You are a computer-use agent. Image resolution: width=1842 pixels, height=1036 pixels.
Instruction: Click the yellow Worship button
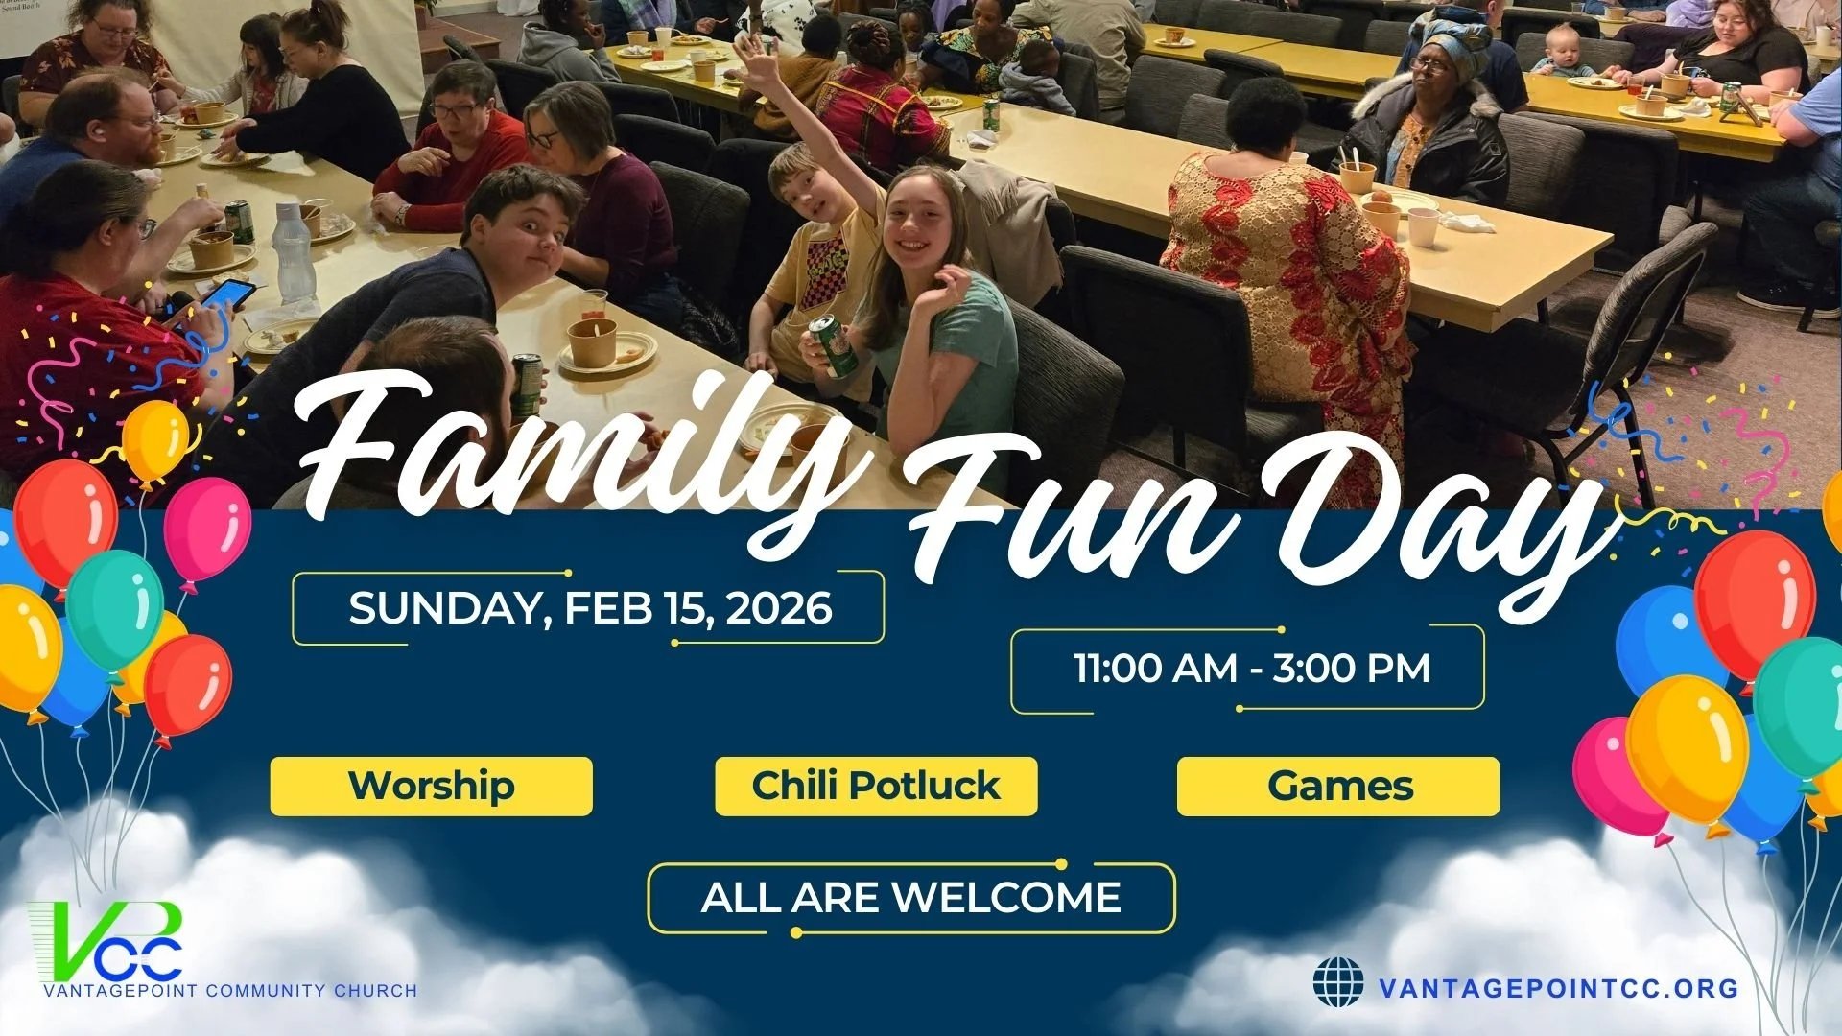(431, 786)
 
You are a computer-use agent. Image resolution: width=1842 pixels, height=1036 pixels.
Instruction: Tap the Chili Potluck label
(876, 786)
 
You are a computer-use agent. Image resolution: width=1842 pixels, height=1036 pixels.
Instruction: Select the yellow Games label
(1338, 786)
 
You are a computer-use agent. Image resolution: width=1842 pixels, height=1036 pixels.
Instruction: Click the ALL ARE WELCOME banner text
(910, 898)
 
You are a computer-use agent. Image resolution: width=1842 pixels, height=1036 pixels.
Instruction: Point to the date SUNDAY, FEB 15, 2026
(589, 608)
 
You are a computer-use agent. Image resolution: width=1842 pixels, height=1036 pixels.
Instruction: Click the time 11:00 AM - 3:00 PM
(1250, 669)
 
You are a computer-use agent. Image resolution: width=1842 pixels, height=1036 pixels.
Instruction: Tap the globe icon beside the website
(1337, 982)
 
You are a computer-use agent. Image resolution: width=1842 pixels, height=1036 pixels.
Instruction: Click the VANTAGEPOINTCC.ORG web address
(1558, 988)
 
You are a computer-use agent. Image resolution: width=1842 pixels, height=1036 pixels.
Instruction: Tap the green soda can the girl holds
(831, 344)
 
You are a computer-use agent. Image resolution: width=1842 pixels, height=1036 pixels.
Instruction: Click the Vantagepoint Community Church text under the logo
(230, 990)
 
